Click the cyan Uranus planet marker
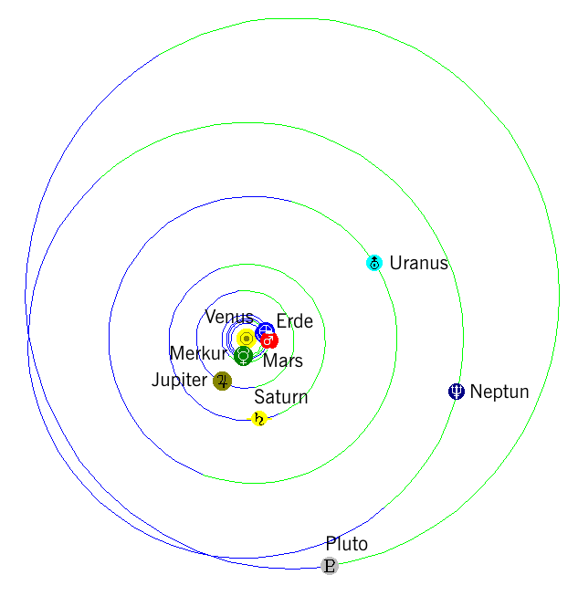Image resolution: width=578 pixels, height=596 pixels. [374, 263]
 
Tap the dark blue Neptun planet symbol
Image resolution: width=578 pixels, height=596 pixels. [457, 392]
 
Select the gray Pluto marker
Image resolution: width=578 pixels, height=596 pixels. [330, 566]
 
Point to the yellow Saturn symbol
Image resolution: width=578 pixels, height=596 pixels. [259, 419]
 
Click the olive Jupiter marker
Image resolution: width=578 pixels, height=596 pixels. [223, 381]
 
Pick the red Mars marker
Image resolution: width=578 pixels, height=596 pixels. [269, 340]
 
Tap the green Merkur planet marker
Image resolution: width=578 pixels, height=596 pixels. [244, 356]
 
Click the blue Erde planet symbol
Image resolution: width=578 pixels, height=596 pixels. [265, 331]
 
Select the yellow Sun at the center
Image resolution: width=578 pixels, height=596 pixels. [247, 339]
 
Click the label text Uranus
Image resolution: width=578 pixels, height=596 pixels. [419, 263]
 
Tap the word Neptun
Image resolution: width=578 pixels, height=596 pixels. [499, 392]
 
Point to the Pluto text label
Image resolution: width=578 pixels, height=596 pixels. [347, 544]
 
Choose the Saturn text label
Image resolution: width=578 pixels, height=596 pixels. [281, 397]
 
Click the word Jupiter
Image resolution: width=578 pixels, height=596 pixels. [180, 380]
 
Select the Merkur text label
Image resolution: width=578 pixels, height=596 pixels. [198, 353]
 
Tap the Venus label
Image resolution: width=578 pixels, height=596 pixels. [229, 317]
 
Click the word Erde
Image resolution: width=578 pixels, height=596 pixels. [295, 321]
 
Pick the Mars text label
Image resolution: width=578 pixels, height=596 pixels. [283, 361]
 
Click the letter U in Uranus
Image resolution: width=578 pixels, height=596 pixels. [396, 263]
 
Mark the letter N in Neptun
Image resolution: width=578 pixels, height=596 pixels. [476, 392]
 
